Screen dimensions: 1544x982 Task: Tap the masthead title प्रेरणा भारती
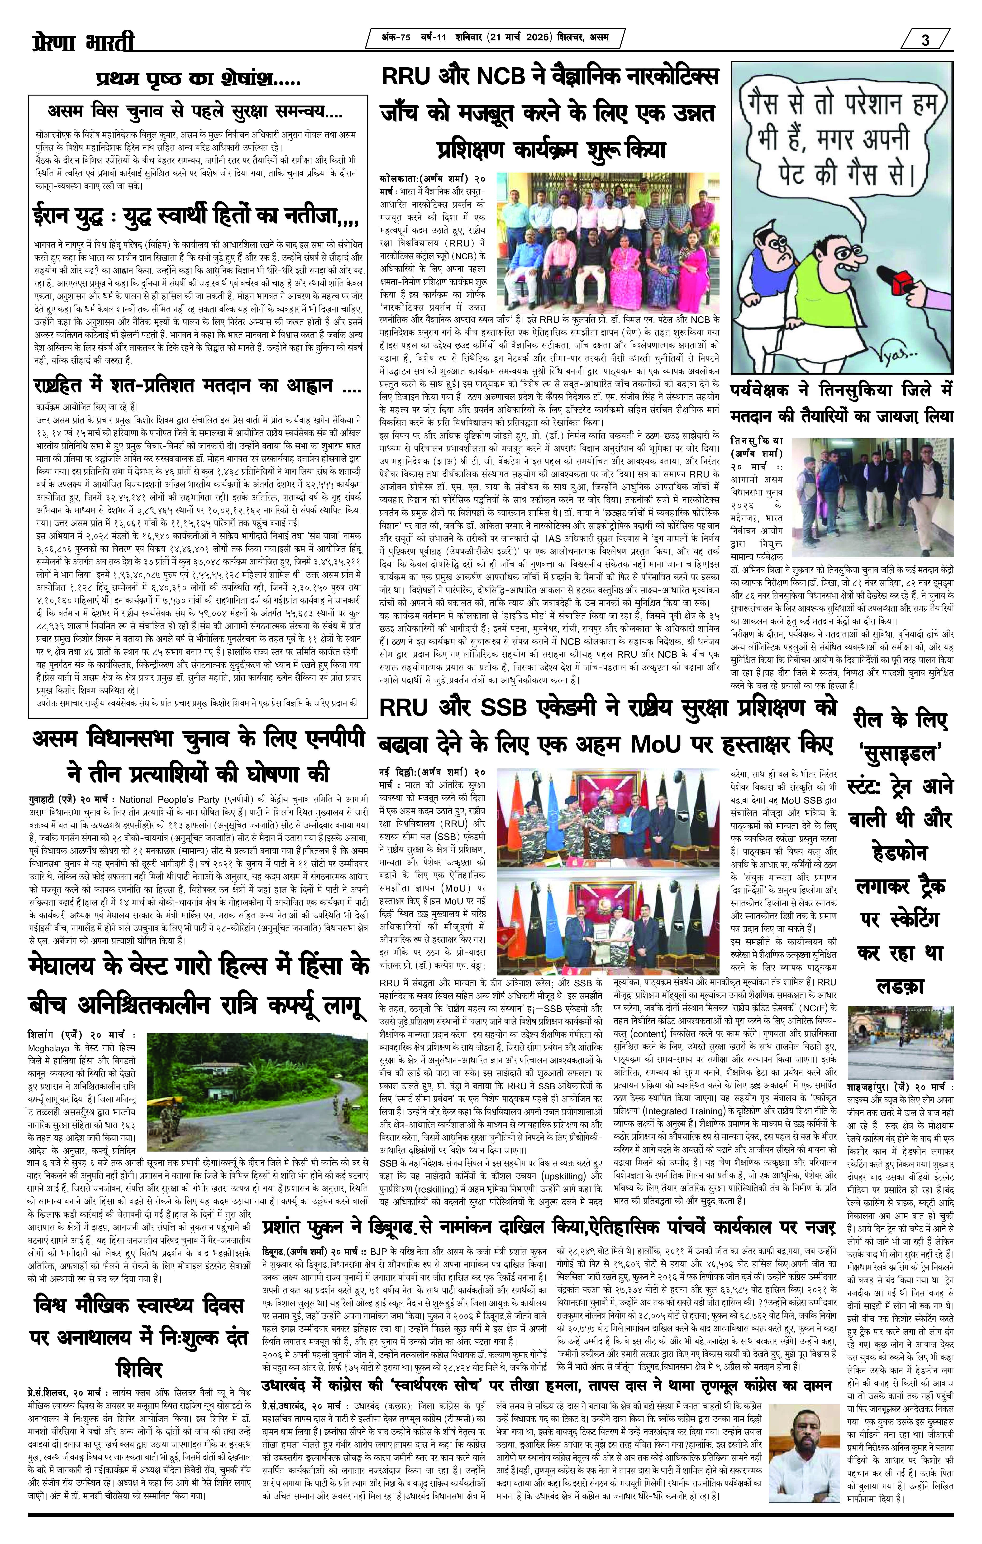pos(83,43)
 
